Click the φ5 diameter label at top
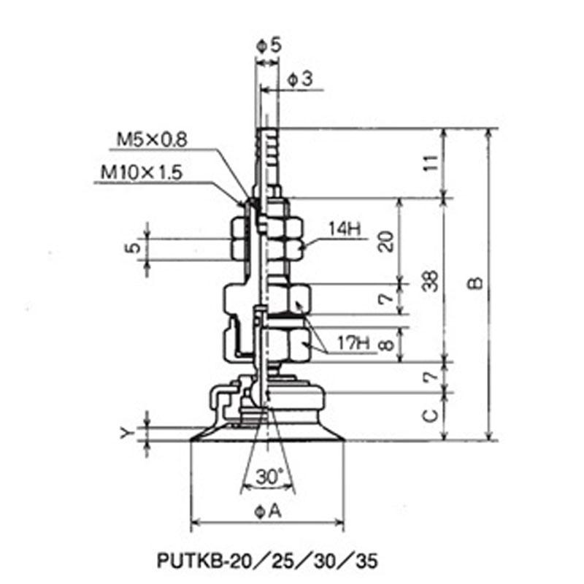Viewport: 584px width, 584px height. tap(269, 45)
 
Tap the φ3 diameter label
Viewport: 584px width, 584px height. tap(300, 79)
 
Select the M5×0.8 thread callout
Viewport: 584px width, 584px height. tap(152, 139)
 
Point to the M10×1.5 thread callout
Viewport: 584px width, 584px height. tap(142, 172)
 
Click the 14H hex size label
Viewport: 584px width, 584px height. tap(345, 229)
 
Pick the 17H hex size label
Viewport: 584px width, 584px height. tap(353, 342)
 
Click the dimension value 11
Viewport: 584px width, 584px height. tap(431, 163)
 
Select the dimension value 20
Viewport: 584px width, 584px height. tap(385, 242)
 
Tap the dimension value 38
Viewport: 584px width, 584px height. tap(431, 280)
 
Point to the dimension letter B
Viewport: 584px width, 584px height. tap(475, 283)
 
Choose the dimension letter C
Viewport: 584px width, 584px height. tap(431, 415)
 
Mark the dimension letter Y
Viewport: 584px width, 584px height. tap(126, 432)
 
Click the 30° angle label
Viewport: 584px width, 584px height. tap(269, 477)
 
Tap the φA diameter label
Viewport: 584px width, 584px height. tap(268, 512)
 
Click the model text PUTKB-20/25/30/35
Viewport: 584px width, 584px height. tap(267, 560)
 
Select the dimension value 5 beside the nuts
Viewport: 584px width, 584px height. tap(133, 247)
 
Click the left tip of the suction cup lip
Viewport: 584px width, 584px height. tap(191, 441)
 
